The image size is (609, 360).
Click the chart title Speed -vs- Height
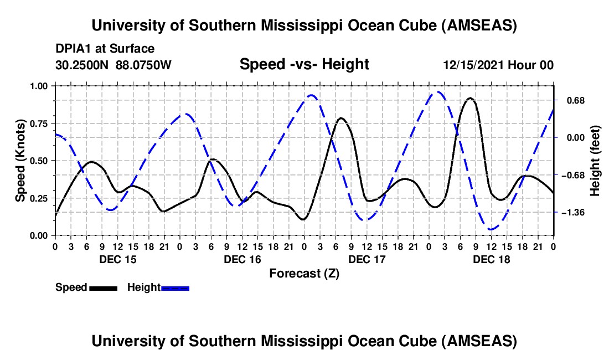click(x=304, y=65)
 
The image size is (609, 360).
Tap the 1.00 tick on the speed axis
click(x=38, y=86)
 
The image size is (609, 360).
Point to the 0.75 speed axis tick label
click(x=38, y=124)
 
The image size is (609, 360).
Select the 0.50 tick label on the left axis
click(x=38, y=161)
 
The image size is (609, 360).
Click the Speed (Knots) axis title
click(x=20, y=160)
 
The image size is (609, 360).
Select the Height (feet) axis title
click(x=595, y=161)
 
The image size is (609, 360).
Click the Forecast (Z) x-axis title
click(x=304, y=273)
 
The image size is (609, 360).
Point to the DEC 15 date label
click(x=117, y=259)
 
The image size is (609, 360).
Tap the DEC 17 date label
click(x=367, y=259)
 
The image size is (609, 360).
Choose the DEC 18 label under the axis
click(x=492, y=259)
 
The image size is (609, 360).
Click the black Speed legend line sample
click(x=103, y=288)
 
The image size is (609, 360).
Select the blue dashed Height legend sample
click(x=175, y=288)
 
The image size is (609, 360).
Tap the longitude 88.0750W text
click(x=144, y=65)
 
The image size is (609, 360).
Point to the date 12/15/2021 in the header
click(x=473, y=65)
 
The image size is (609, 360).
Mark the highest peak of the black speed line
click(x=470, y=98)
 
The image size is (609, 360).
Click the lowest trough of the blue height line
click(x=491, y=229)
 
